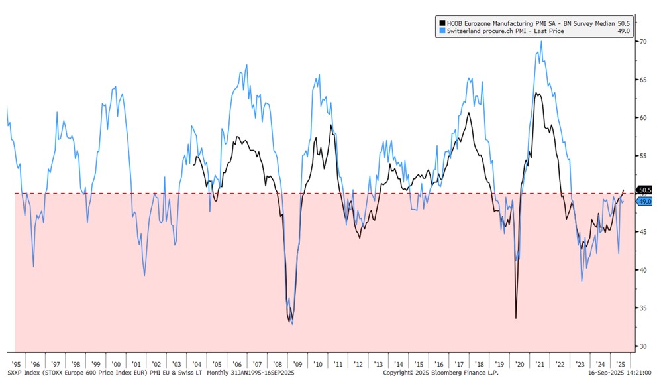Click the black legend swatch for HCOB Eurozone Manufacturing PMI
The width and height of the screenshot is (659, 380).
pyautogui.click(x=440, y=22)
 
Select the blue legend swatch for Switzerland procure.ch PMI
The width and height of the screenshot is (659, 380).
pyautogui.click(x=440, y=31)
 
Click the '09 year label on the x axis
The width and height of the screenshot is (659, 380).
pyautogui.click(x=297, y=364)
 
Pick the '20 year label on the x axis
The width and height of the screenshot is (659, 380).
pyautogui.click(x=520, y=364)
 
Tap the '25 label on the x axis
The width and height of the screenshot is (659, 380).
pyautogui.click(x=621, y=364)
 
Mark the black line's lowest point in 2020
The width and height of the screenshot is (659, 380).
pyautogui.click(x=516, y=318)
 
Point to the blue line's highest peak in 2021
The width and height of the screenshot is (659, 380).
pyautogui.click(x=542, y=41)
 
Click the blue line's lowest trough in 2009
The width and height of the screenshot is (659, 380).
pyautogui.click(x=292, y=324)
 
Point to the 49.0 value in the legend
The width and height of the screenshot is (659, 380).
pyautogui.click(x=623, y=31)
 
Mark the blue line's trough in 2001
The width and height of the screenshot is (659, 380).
pyautogui.click(x=144, y=275)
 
